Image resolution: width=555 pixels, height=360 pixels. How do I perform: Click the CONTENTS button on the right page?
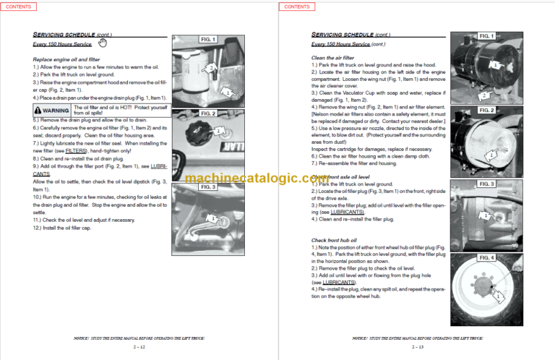pos(296,7)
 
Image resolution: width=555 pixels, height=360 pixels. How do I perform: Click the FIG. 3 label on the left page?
pos(207,187)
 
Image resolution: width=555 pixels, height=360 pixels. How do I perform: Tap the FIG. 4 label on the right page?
pos(486,257)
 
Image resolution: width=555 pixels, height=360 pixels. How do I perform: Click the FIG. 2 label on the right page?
pos(486,111)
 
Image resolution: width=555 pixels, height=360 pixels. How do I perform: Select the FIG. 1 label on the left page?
pos(207,39)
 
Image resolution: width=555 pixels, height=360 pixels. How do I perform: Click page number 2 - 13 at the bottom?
pos(416,346)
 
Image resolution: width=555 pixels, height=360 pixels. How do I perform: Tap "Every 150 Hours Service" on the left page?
pos(64,44)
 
